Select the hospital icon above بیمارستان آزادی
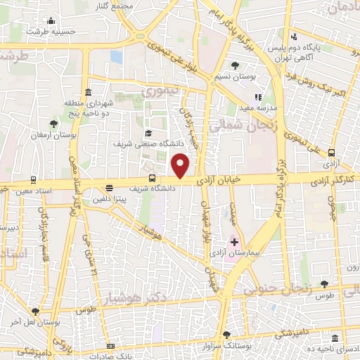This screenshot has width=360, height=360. tap(234, 242)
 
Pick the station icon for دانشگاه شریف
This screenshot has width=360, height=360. tap(151, 177)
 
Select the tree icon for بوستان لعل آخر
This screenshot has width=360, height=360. tap(36, 311)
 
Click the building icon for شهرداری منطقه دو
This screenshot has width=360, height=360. tap(87, 93)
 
